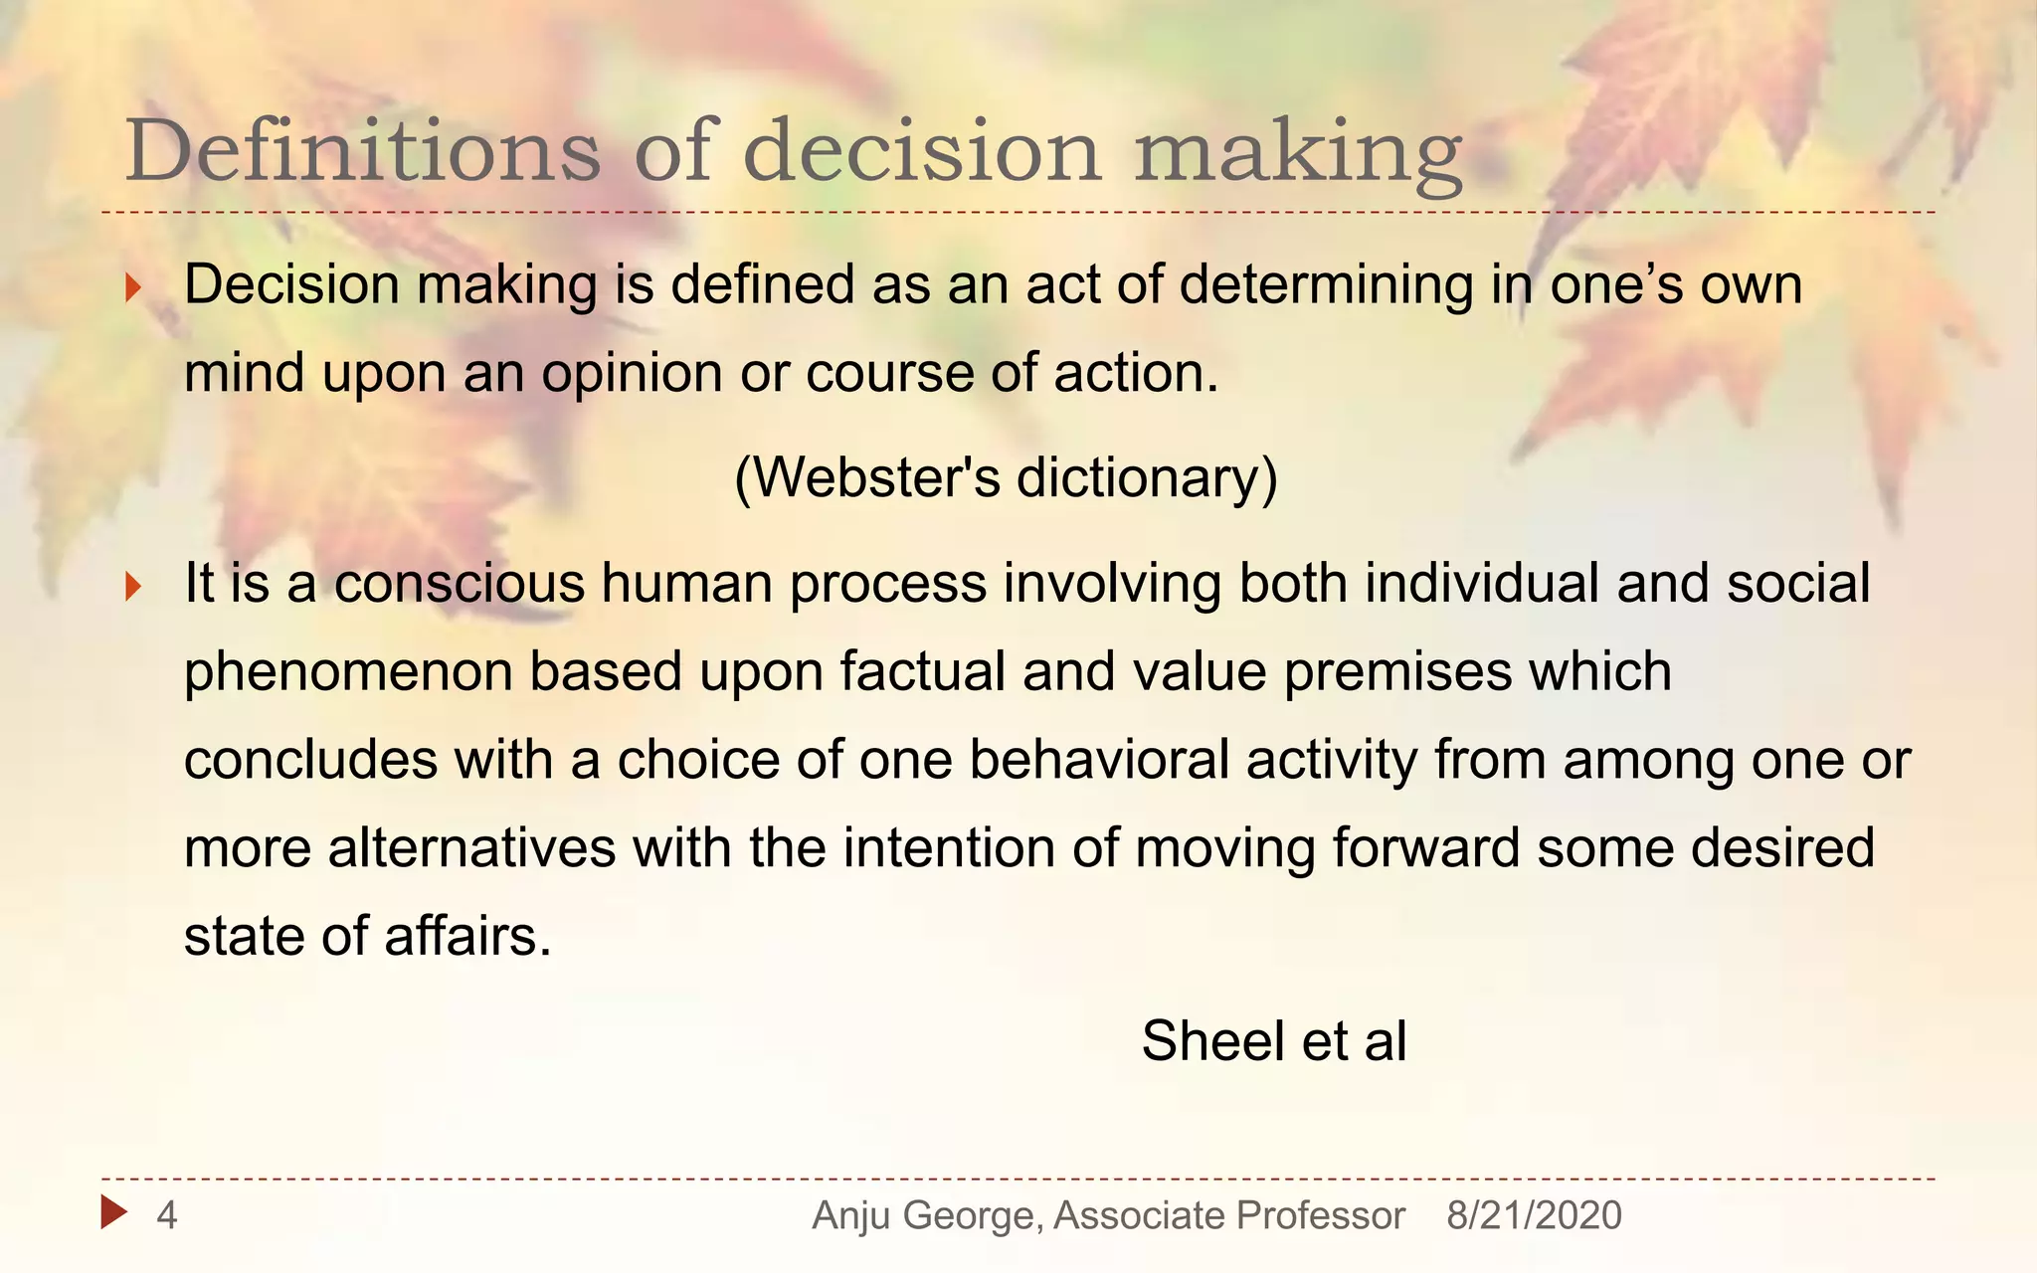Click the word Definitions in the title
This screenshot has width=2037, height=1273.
click(x=363, y=150)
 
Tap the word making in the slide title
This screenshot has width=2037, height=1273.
click(x=1298, y=152)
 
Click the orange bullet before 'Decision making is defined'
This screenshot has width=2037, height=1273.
click(x=133, y=289)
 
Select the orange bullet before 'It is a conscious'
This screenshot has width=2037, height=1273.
click(x=133, y=588)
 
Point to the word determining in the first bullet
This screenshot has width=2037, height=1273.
click(x=1326, y=285)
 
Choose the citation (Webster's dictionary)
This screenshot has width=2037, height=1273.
click(x=1006, y=477)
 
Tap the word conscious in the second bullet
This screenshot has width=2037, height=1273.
click(x=460, y=583)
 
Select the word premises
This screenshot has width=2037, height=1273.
click(x=1397, y=671)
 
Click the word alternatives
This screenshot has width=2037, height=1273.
click(x=471, y=848)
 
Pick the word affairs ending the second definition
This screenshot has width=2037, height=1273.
click(x=466, y=937)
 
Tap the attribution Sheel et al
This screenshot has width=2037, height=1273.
click(x=1273, y=1041)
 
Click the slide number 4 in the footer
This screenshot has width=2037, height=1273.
click(x=167, y=1215)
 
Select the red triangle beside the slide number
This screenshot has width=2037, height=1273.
click(x=113, y=1212)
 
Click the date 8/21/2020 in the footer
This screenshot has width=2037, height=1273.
click(x=1534, y=1215)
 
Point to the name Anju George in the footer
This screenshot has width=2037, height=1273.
click(x=927, y=1215)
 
